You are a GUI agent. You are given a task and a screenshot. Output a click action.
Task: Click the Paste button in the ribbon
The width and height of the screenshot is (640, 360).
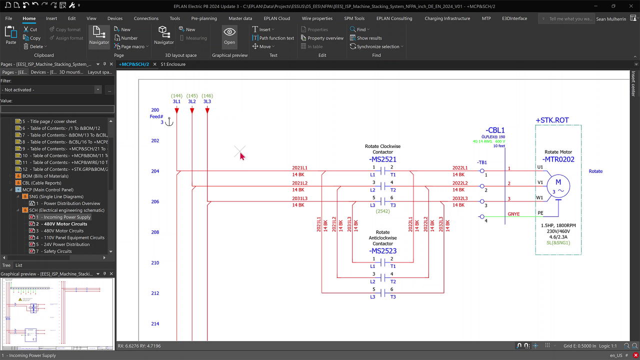[x=10, y=36]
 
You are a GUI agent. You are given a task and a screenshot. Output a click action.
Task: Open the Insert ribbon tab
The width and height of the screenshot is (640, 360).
[x=51, y=18]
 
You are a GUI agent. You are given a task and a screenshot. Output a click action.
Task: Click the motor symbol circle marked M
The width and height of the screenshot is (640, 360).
[x=558, y=185]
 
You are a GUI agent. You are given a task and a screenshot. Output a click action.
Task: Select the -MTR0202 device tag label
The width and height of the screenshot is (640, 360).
[x=558, y=159]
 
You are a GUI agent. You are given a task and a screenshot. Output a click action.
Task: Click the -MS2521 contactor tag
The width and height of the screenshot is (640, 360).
[x=382, y=159]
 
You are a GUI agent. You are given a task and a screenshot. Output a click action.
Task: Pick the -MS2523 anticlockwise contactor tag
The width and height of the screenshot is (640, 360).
[x=382, y=251]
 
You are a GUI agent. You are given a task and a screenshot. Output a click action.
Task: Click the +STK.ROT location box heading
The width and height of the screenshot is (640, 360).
[x=552, y=120]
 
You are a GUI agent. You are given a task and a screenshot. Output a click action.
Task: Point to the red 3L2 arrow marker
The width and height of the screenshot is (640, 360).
[x=192, y=109]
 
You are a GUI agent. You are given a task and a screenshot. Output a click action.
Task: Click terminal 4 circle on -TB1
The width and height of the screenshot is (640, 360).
[x=482, y=217]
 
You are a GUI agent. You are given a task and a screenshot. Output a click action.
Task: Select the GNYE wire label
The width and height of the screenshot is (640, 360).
[x=513, y=214]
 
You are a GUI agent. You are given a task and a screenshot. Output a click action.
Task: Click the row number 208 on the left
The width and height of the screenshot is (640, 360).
[x=155, y=232]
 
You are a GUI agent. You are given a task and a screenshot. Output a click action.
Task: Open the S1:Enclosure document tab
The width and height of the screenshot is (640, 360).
[x=173, y=64]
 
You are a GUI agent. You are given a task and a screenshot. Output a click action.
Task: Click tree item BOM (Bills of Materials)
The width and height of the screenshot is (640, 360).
[x=45, y=176]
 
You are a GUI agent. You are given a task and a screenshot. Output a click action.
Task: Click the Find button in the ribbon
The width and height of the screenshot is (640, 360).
[x=360, y=29]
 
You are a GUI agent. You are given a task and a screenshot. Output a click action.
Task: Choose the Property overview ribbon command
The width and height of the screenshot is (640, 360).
[x=325, y=38]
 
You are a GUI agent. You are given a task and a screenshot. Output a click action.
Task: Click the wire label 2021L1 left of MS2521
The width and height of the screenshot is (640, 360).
[x=299, y=168]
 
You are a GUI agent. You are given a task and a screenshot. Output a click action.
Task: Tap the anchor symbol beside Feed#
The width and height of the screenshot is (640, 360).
[x=169, y=121]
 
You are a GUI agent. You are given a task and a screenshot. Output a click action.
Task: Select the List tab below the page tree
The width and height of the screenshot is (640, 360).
[x=18, y=265]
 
